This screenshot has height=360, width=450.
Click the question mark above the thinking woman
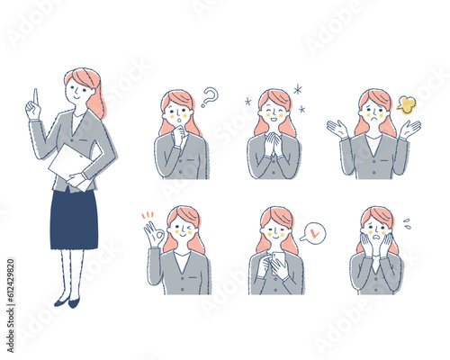210,96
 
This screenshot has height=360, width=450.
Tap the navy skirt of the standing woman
74,219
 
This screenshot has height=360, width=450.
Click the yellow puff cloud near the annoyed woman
407,104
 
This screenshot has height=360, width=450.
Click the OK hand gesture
154,236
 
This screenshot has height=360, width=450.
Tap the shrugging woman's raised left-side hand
340,129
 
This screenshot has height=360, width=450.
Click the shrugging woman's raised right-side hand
410,129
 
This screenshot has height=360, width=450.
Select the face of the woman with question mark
176,113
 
